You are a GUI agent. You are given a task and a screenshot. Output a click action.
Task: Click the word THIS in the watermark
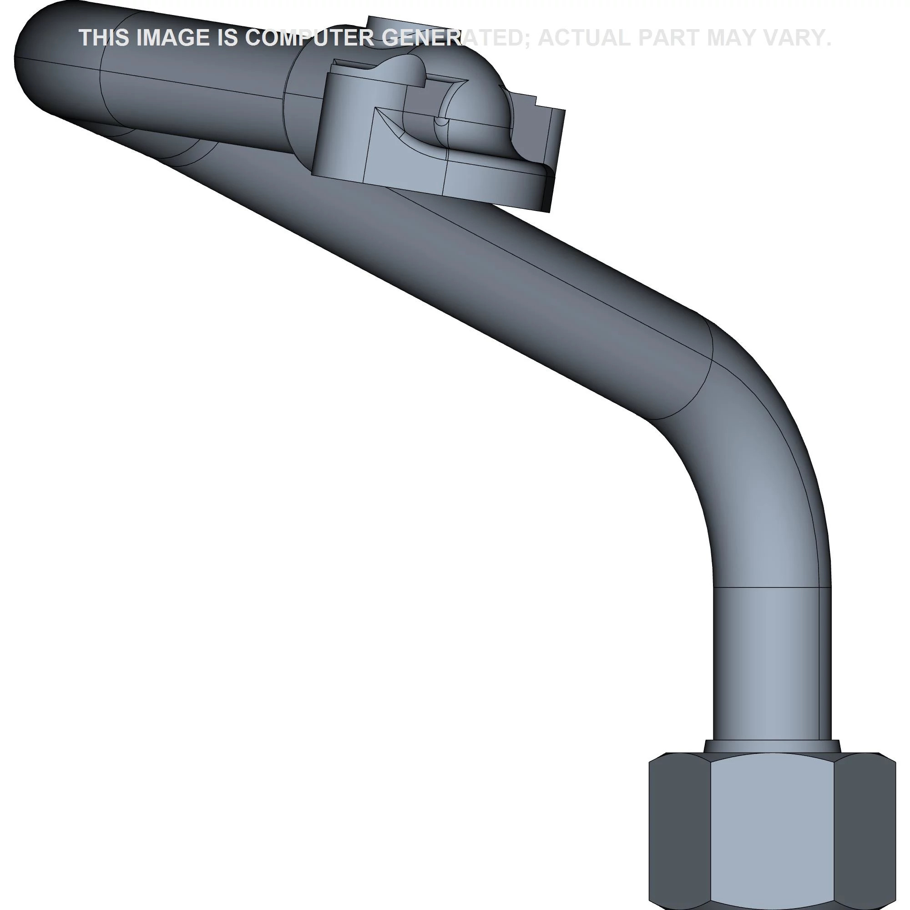coord(104,38)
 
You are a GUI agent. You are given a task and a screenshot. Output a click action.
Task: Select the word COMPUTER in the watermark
coord(309,38)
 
